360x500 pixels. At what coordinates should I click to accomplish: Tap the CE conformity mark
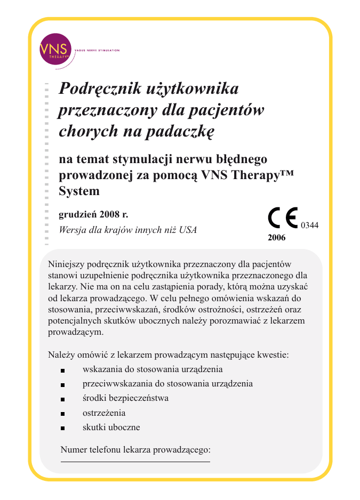[x=283, y=219]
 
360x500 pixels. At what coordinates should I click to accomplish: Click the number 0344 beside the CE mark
[x=310, y=225]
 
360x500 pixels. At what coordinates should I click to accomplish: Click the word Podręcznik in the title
[x=96, y=88]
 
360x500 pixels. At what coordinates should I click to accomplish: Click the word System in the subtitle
[x=79, y=191]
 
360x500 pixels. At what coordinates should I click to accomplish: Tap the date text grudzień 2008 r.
[x=93, y=215]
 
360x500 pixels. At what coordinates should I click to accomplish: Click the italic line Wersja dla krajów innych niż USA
[x=127, y=230]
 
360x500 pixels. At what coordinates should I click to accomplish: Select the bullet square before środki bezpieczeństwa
[x=62, y=399]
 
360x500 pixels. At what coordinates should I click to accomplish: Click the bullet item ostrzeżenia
[x=104, y=413]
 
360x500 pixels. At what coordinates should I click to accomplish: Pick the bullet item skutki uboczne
[x=111, y=427]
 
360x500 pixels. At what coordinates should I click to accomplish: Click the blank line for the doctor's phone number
[x=135, y=462]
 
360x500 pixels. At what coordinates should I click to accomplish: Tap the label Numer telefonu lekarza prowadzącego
[x=135, y=449]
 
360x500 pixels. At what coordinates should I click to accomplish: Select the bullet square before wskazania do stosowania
[x=62, y=369]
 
